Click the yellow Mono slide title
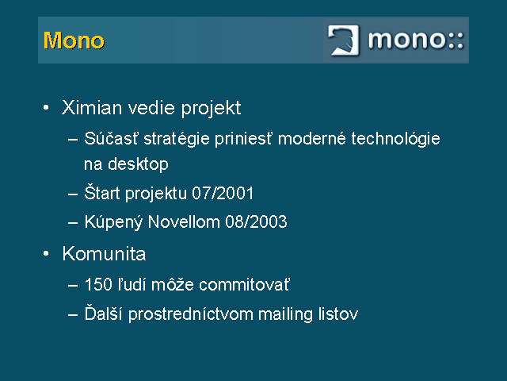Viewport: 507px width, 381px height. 74,40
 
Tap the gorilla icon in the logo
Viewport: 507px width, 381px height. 343,40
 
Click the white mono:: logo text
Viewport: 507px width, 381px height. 416,40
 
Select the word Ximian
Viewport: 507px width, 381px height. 92,108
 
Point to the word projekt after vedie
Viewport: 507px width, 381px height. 211,109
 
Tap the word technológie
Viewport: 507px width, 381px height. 395,140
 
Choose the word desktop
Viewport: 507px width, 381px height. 138,164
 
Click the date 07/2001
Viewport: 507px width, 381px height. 223,194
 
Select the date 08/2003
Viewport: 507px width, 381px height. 256,222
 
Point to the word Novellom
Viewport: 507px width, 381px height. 184,222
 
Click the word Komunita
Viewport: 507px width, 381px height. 104,253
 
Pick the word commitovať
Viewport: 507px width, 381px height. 245,284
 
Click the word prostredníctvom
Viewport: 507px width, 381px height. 191,314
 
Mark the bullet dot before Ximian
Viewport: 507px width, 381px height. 46,107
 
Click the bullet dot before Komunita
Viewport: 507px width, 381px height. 46,253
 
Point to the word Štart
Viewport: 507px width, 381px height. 102,192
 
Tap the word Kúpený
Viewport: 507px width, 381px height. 113,222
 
